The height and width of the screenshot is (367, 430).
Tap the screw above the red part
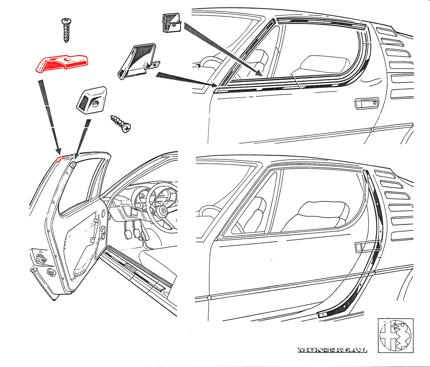(66, 30)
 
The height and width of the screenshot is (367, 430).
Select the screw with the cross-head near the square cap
(121, 123)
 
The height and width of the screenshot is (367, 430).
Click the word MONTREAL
(332, 350)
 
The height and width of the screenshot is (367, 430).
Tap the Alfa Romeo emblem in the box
(395, 335)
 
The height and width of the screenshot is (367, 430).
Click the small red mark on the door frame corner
(60, 158)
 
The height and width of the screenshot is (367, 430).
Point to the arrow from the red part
(50, 116)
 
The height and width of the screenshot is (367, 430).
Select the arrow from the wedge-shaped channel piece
(184, 79)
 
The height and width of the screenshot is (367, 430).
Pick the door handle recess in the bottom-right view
(368, 247)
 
